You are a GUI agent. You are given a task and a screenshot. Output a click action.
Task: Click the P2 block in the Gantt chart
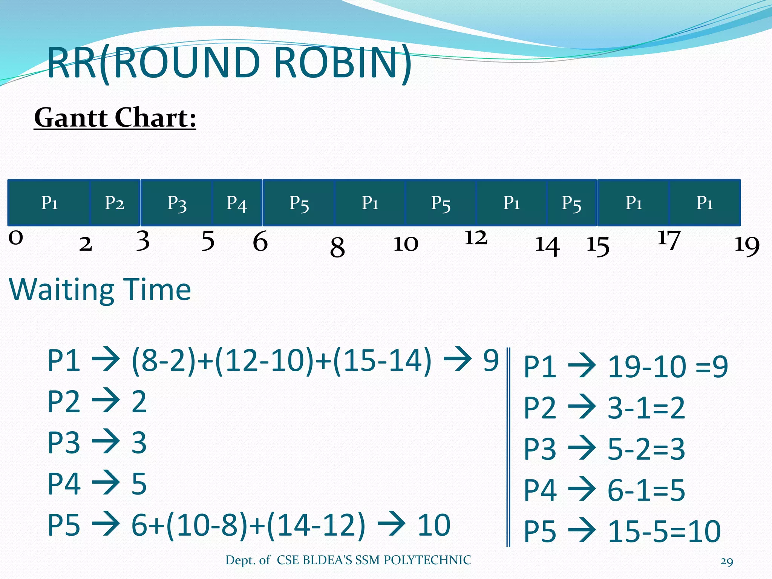(x=115, y=203)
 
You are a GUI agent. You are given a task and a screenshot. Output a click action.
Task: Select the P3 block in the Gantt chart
(x=176, y=203)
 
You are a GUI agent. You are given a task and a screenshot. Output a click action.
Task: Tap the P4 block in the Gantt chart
(x=237, y=203)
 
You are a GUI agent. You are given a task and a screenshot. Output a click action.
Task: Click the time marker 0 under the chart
(x=16, y=237)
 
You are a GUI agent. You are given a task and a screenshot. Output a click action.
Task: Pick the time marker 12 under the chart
(x=476, y=238)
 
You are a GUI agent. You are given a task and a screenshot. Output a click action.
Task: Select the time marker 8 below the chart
(x=337, y=248)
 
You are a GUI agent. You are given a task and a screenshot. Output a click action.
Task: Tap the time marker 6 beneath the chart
(x=260, y=241)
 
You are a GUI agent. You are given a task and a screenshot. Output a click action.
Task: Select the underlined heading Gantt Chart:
(x=115, y=118)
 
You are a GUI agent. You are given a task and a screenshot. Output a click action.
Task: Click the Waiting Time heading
(x=100, y=289)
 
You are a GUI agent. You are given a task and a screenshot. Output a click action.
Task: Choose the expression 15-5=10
(x=664, y=532)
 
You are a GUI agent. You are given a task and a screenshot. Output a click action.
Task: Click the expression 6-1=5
(x=646, y=490)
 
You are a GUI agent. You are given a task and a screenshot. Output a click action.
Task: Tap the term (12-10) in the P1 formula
(x=265, y=361)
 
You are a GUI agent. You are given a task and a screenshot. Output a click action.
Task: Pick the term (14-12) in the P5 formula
(x=316, y=525)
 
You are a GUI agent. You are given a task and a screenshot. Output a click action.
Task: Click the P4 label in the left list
(x=64, y=484)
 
